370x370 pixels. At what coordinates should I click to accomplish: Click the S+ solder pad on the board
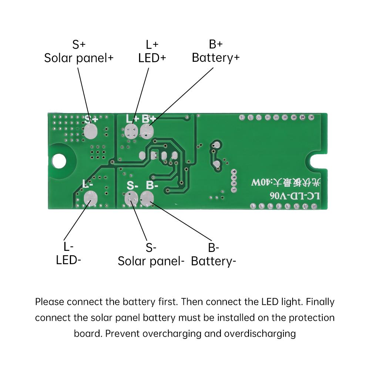90,131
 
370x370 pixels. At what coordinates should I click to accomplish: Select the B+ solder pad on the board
147,131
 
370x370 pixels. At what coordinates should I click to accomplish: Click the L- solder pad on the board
90,198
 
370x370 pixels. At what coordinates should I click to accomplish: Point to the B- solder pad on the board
147,199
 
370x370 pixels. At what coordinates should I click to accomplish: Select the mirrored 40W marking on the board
260,182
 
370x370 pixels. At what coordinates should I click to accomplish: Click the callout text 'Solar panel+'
79,58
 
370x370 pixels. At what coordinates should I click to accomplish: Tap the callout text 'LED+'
152,58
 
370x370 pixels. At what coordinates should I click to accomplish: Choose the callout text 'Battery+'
216,58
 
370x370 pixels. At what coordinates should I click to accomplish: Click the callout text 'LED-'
68,260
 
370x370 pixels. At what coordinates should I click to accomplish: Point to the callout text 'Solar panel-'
151,261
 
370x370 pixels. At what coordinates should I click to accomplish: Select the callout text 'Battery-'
213,261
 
